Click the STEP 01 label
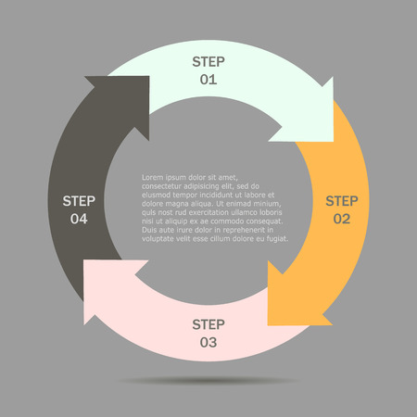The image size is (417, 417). (x=208, y=70)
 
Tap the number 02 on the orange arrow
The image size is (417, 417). (x=341, y=219)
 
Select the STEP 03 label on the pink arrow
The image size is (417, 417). (x=208, y=333)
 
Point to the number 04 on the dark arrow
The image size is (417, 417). (x=79, y=219)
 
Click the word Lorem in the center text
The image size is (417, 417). (x=152, y=177)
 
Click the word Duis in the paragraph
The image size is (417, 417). (x=150, y=230)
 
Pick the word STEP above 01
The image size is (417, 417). (x=208, y=61)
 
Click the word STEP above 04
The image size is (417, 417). (x=79, y=199)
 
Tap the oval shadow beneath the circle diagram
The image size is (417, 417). (x=208, y=381)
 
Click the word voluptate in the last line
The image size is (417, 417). (x=159, y=238)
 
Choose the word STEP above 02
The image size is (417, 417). (x=341, y=200)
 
